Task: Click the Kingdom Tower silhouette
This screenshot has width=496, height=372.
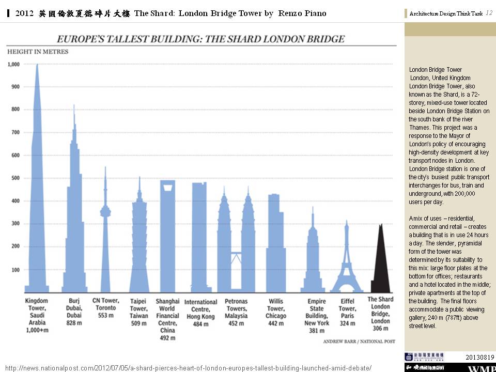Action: [x=37, y=207]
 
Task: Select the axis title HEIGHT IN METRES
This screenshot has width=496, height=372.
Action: [x=37, y=52]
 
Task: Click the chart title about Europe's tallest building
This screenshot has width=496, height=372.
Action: [x=200, y=39]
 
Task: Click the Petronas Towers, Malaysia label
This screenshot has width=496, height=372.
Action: [x=236, y=308]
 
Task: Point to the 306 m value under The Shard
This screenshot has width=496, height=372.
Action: [x=380, y=328]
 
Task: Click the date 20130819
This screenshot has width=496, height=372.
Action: [x=479, y=357]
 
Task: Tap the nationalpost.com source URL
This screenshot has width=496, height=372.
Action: [x=188, y=367]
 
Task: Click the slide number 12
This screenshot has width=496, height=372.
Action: [x=489, y=13]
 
